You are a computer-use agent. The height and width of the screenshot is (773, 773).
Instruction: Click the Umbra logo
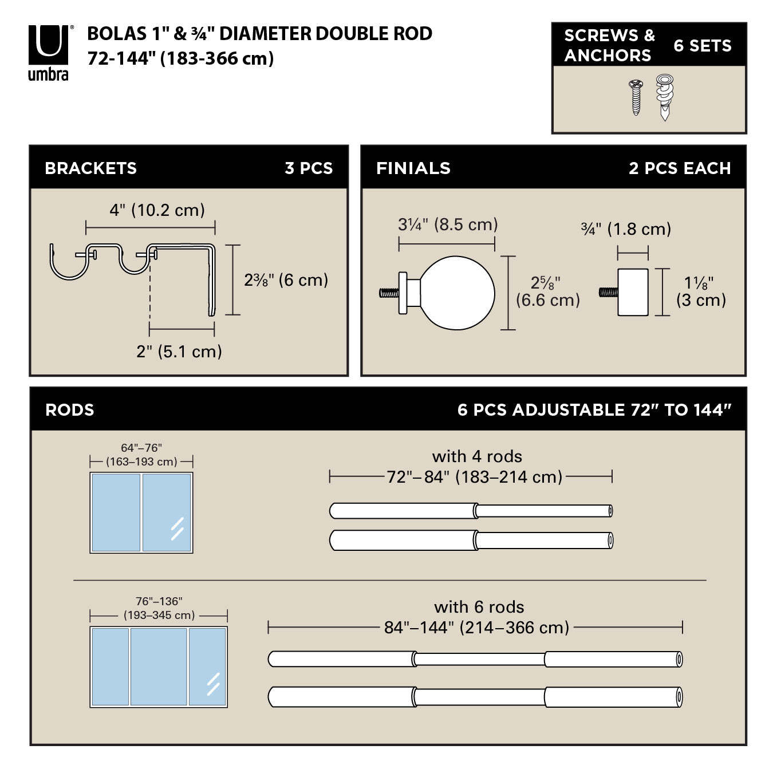pyautogui.click(x=49, y=52)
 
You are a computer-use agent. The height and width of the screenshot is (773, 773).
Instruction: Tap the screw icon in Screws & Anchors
pyautogui.click(x=636, y=97)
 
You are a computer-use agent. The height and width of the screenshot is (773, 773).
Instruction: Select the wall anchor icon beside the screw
pyautogui.click(x=664, y=97)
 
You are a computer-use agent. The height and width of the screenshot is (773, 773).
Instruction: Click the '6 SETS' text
pyautogui.click(x=703, y=46)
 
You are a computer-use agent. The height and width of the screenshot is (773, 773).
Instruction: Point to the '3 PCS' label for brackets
pyautogui.click(x=309, y=168)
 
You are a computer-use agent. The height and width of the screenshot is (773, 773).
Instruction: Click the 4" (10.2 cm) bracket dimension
pyautogui.click(x=157, y=210)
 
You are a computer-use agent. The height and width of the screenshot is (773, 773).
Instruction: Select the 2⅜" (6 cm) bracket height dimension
pyautogui.click(x=286, y=280)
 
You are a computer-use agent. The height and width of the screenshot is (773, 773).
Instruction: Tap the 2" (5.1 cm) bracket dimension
pyautogui.click(x=179, y=351)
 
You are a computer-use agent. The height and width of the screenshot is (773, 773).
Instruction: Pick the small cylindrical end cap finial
pyautogui.click(x=632, y=292)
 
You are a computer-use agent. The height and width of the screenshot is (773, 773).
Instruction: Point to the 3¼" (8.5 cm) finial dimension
pyautogui.click(x=448, y=224)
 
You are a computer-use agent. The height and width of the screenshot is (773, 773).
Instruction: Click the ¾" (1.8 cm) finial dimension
pyautogui.click(x=626, y=229)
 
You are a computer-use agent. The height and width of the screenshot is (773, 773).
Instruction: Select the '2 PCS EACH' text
pyautogui.click(x=680, y=168)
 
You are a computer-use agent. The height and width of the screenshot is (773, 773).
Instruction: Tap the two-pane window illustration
pyautogui.click(x=141, y=512)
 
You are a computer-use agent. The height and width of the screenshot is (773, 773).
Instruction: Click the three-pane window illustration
pyautogui.click(x=159, y=666)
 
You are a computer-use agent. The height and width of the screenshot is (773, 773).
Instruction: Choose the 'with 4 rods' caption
pyautogui.click(x=477, y=456)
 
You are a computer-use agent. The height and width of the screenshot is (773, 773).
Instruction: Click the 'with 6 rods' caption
pyautogui.click(x=479, y=607)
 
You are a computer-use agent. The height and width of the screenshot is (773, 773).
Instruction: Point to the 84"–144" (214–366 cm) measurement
pyautogui.click(x=476, y=628)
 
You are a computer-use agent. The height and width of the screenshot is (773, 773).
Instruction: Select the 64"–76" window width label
pyautogui.click(x=141, y=448)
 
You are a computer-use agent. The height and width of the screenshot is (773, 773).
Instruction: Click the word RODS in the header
pyautogui.click(x=69, y=410)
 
